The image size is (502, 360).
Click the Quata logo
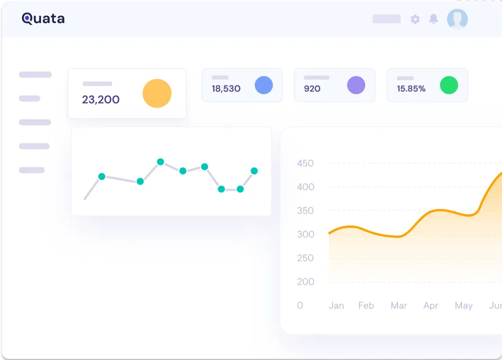click(x=43, y=19)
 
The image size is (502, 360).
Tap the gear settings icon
click(x=415, y=19)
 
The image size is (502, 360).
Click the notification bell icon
click(x=433, y=19)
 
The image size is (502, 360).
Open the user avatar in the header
click(x=457, y=19)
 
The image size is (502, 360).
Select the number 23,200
click(x=101, y=100)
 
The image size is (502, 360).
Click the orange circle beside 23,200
click(x=157, y=93)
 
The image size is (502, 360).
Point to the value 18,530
click(x=226, y=89)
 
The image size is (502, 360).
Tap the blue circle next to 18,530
click(x=264, y=85)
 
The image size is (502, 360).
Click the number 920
click(x=312, y=89)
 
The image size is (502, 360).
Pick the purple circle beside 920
click(x=356, y=85)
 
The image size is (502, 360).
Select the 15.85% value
click(x=411, y=89)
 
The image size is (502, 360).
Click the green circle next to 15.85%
click(x=449, y=85)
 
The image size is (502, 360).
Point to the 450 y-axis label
click(x=305, y=163)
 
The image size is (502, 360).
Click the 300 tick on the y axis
click(x=306, y=234)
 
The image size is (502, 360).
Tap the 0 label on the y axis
click(x=300, y=305)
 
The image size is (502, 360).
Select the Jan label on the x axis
click(x=336, y=305)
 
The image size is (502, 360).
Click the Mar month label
click(x=398, y=305)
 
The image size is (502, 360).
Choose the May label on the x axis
click(x=464, y=306)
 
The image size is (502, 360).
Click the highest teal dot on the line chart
click(x=161, y=162)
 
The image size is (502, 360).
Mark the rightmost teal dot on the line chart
click(x=254, y=171)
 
